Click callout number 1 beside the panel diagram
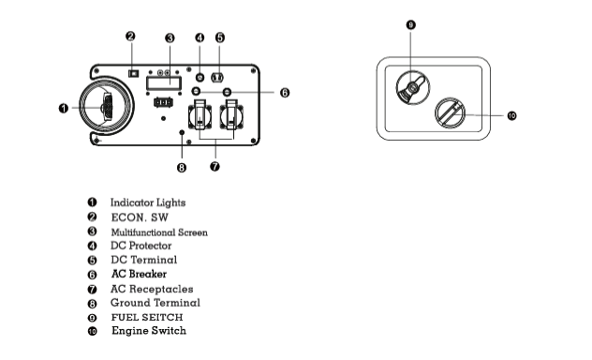click(x=64, y=109)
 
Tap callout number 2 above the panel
click(x=130, y=37)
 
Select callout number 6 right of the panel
click(x=285, y=93)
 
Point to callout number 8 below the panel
click(x=182, y=168)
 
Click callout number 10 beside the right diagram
click(x=511, y=115)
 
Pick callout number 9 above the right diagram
click(x=411, y=25)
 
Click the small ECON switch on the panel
click(x=133, y=73)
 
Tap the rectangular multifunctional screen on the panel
click(x=164, y=83)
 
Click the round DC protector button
click(x=200, y=78)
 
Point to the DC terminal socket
click(x=217, y=78)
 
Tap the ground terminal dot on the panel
click(x=182, y=132)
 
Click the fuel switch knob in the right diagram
click(x=413, y=87)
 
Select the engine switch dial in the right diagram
click(x=450, y=112)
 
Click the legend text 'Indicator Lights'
click(x=148, y=202)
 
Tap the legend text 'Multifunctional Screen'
click(x=159, y=232)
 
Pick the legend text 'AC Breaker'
click(x=139, y=274)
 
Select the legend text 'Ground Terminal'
click(x=155, y=303)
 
